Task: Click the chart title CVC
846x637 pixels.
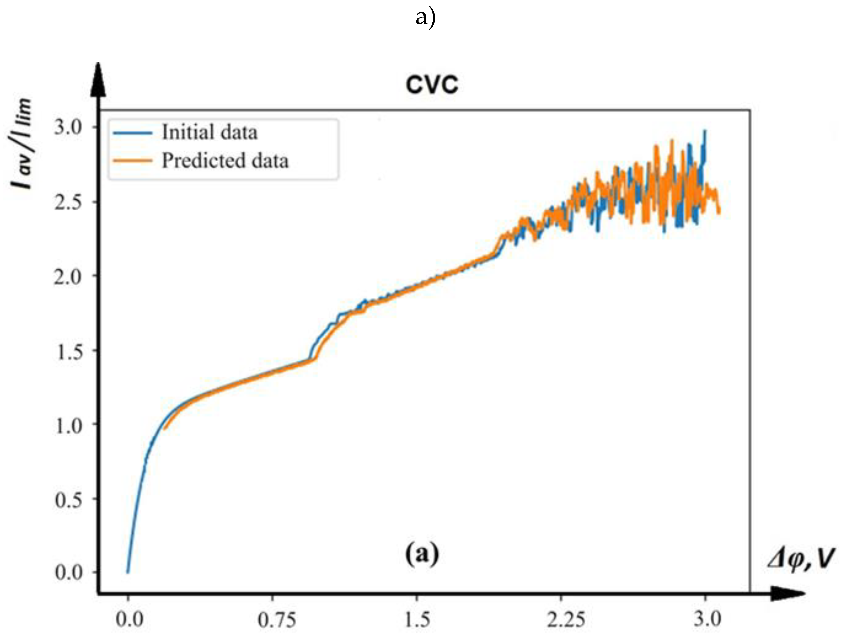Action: click(x=432, y=84)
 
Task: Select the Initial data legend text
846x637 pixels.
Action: click(x=210, y=132)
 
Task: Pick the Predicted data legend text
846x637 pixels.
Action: click(x=225, y=161)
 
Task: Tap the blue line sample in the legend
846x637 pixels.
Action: click(x=132, y=133)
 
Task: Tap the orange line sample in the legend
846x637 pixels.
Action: click(x=132, y=161)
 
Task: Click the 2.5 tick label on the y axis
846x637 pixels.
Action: click(x=68, y=202)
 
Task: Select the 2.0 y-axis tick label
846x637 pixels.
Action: click(x=68, y=276)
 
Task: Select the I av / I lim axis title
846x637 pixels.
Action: click(x=21, y=143)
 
